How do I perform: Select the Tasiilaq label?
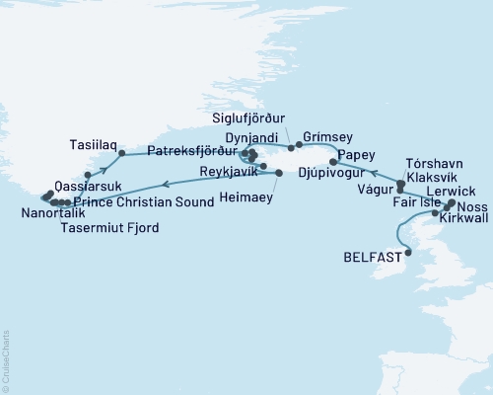click(90, 142)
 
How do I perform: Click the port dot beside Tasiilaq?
click(120, 154)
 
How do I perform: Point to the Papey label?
click(354, 155)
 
